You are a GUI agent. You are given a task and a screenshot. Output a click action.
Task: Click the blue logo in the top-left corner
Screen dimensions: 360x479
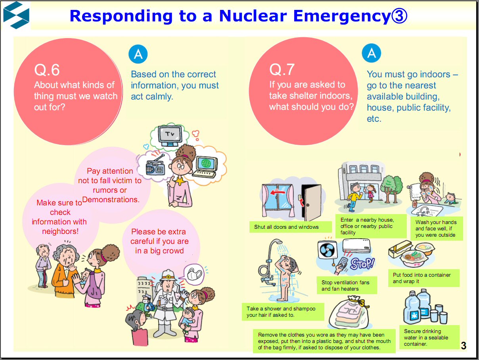(x=16, y=15)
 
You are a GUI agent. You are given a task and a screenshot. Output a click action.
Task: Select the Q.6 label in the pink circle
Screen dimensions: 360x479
(x=47, y=70)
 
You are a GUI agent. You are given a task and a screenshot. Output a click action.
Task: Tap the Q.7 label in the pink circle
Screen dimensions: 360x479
(x=282, y=69)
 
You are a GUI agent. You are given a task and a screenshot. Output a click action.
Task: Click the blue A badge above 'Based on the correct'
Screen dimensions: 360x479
(x=138, y=54)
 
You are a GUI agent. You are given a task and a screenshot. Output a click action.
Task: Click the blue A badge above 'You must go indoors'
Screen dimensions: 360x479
(x=372, y=53)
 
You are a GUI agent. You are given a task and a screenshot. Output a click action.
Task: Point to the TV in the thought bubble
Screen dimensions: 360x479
(x=170, y=134)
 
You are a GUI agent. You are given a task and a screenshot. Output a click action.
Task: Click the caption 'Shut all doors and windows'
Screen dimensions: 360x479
(x=286, y=227)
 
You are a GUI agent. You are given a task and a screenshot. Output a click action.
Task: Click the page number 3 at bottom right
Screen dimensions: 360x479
(x=464, y=346)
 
